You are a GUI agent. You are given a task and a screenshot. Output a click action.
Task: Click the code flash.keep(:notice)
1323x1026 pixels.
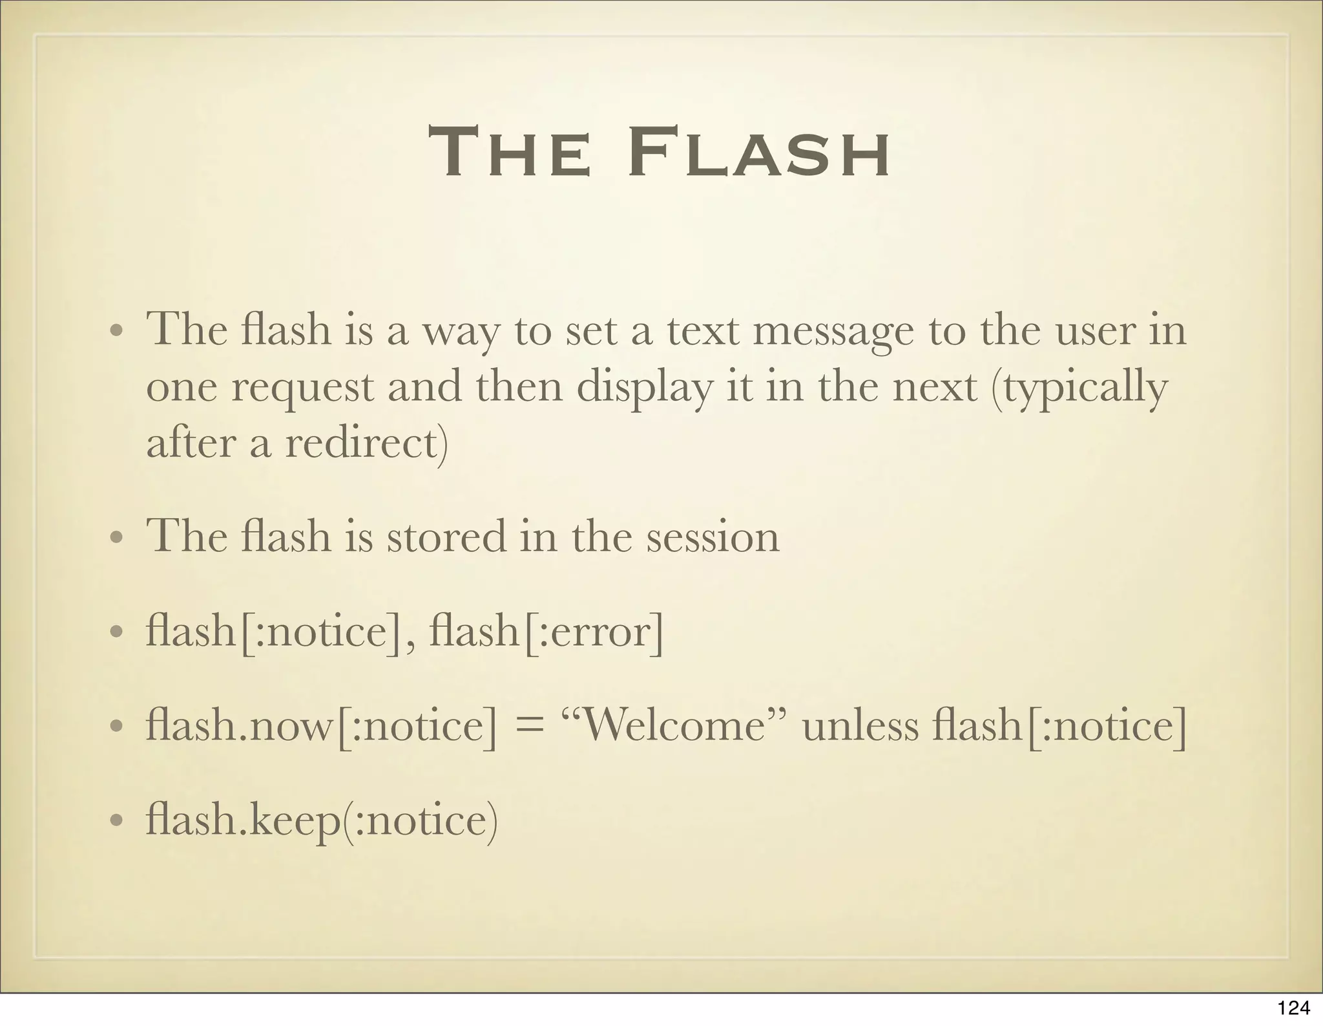[322, 820]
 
